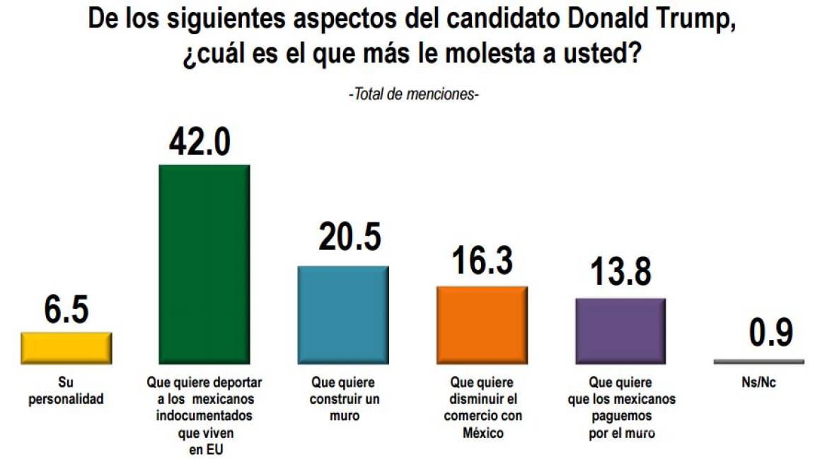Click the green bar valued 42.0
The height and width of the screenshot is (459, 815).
click(x=204, y=263)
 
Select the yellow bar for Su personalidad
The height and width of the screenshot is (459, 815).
click(x=66, y=347)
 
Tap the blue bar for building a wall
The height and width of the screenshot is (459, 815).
click(x=343, y=314)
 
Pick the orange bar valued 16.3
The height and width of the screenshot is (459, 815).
click(x=482, y=324)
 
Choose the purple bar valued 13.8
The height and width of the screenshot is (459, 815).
click(x=620, y=331)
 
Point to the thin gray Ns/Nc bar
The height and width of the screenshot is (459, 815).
click(x=758, y=361)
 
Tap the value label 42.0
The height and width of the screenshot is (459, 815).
click(x=200, y=142)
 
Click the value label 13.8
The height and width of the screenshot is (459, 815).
click(x=620, y=273)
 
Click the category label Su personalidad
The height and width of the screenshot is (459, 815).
click(x=66, y=390)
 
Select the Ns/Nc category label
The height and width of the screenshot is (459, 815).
click(x=758, y=382)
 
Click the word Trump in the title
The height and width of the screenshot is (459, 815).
click(x=693, y=19)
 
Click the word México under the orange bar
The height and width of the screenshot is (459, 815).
click(x=482, y=433)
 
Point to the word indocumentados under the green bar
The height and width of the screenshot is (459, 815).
click(x=204, y=416)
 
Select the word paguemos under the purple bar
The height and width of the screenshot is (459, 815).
click(x=621, y=416)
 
